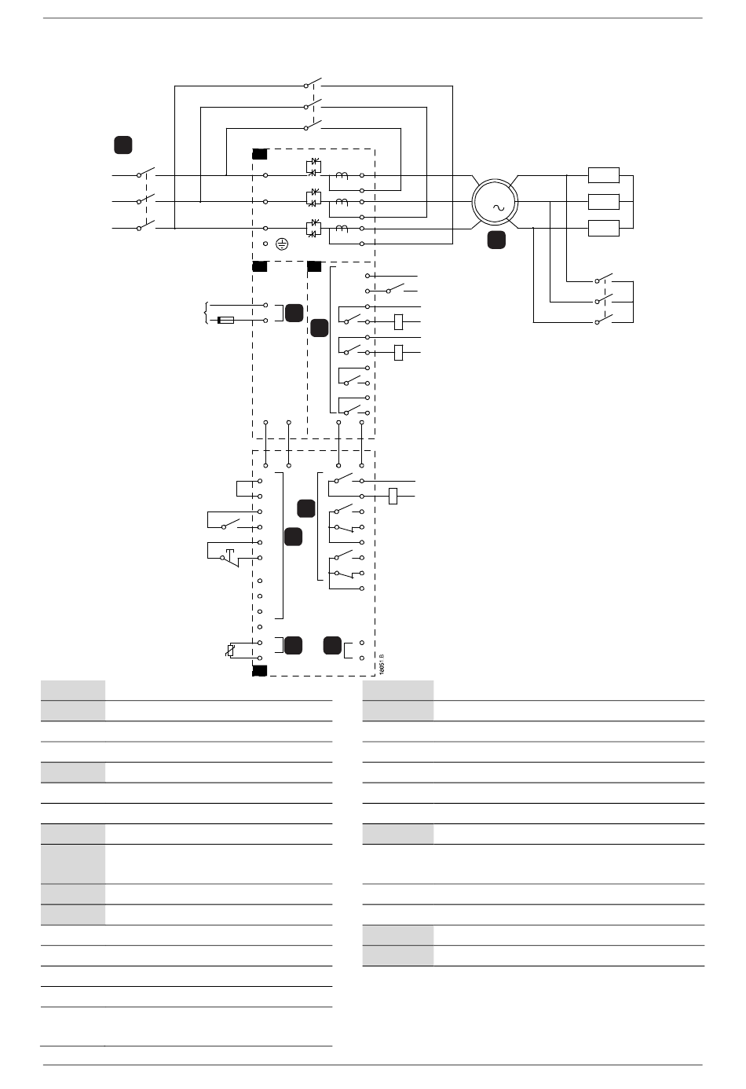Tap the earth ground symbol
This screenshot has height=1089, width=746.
point(282,244)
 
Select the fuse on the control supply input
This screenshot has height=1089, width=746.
point(226,321)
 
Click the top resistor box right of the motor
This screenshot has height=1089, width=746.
point(603,175)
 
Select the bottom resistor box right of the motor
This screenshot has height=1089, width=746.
point(603,229)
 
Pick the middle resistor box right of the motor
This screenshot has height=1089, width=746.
point(603,202)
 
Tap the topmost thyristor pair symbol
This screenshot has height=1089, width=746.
point(314,167)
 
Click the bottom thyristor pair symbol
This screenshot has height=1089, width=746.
point(314,229)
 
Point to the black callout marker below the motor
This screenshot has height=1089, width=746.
point(496,240)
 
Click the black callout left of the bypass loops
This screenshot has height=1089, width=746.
point(123,145)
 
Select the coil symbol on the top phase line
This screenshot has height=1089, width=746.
point(342,175)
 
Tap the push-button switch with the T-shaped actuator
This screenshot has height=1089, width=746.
point(229,557)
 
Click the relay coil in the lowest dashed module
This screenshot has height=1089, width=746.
point(394,495)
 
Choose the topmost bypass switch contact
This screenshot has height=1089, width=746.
point(313,83)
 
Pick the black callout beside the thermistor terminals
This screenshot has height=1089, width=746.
point(293,646)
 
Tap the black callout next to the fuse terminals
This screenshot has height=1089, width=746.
point(294,312)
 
